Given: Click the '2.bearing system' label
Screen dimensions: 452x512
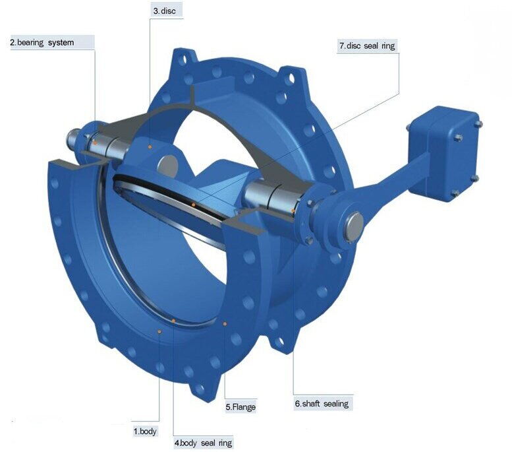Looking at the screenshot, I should pyautogui.click(x=41, y=43).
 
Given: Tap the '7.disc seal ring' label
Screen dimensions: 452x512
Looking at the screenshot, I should pyautogui.click(x=366, y=46).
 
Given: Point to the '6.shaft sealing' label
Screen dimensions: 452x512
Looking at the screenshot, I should pyautogui.click(x=322, y=403).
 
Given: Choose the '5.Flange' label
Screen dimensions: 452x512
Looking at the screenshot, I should pyautogui.click(x=241, y=407).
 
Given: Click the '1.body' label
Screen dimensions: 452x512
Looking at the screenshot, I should pyautogui.click(x=145, y=431).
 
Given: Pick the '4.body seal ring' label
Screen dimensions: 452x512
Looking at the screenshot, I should pyautogui.click(x=203, y=443).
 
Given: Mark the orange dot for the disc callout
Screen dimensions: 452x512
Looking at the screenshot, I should pyautogui.click(x=151, y=146).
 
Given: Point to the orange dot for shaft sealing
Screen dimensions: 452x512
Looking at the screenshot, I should pyautogui.click(x=293, y=211).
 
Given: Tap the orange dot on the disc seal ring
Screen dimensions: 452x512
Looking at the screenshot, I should pyautogui.click(x=193, y=205).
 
